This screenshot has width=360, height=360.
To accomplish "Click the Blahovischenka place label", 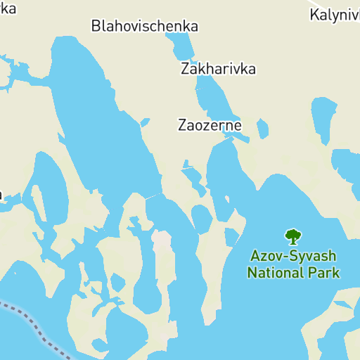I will [x=145, y=27].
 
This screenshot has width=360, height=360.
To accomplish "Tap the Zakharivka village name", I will [x=218, y=70].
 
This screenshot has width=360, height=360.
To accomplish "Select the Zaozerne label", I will [x=210, y=126].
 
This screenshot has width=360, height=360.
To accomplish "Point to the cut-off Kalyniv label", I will [x=335, y=14].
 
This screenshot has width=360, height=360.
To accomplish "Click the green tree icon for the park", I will [x=292, y=236].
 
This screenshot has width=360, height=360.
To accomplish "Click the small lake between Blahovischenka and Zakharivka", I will [x=181, y=45].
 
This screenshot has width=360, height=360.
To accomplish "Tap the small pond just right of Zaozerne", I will [x=262, y=129].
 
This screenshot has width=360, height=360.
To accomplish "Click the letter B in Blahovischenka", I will [x=96, y=27].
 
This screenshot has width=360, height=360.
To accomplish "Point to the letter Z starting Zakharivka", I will [x=185, y=70].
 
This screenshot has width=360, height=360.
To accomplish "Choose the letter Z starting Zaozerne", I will [x=182, y=126].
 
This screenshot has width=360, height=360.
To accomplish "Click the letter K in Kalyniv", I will [x=314, y=14].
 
